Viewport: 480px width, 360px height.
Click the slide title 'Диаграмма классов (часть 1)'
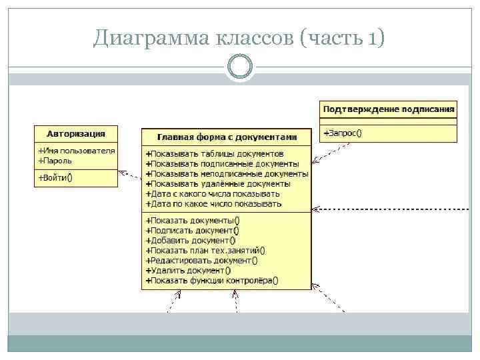pos(239,39)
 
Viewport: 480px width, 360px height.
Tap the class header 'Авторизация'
pos(76,133)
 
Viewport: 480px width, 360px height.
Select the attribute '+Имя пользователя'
pos(77,151)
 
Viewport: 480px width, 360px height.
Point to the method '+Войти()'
pos(55,177)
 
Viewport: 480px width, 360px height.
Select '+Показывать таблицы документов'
pos(219,154)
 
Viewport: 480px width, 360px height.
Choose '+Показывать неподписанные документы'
pos(227,174)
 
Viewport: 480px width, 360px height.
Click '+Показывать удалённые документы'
pos(218,183)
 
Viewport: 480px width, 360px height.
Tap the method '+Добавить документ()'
pos(191,241)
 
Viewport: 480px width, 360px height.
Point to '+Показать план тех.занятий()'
pos(205,251)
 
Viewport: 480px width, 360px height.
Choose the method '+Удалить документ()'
pos(188,271)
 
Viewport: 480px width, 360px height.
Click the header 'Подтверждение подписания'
pos(389,109)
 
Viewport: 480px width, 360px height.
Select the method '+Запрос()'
pos(343,133)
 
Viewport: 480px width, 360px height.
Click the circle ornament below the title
pos(239,67)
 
